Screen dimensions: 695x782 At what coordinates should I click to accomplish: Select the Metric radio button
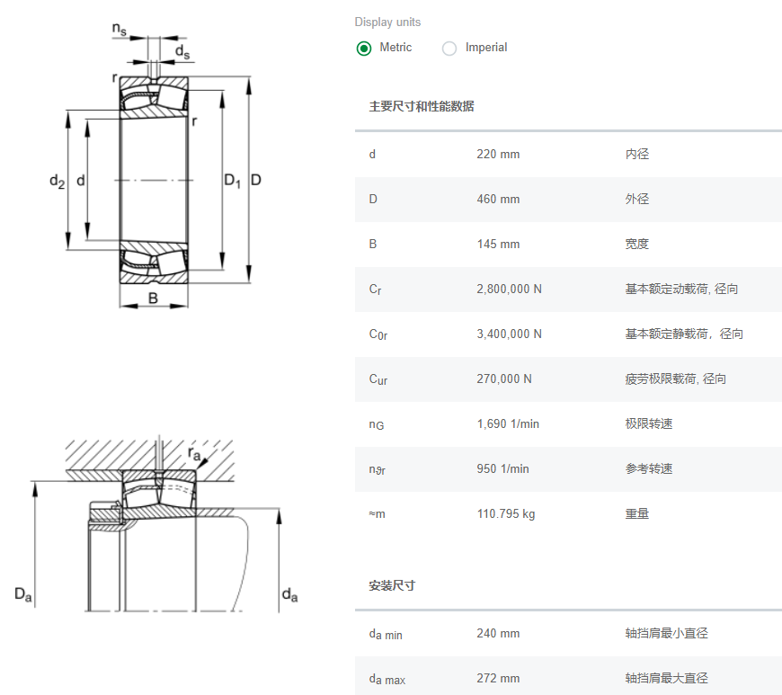(364, 49)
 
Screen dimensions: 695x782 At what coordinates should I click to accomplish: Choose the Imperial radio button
(449, 49)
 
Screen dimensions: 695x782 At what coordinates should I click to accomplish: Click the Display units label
(387, 22)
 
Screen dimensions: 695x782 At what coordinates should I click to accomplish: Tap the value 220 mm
(498, 154)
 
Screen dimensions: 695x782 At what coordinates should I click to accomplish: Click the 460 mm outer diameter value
(498, 199)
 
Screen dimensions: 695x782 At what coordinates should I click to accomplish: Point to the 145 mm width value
(498, 244)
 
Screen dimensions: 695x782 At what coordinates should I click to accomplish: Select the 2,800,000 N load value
(509, 289)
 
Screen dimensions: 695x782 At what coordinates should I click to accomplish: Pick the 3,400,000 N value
(509, 334)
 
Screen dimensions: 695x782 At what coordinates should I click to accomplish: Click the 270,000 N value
(504, 379)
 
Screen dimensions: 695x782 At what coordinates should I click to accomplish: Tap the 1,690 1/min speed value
(508, 423)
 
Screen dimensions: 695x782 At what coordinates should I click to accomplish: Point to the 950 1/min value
(502, 468)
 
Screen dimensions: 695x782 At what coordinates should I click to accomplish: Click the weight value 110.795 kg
(505, 513)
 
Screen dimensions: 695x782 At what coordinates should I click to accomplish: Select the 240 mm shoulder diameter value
(498, 633)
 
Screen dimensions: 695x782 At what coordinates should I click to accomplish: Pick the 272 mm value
(498, 678)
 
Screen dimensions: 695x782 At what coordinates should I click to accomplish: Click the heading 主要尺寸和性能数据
(422, 106)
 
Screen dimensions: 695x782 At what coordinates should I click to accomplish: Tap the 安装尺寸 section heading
(392, 585)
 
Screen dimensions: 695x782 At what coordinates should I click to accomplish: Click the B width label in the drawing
(153, 298)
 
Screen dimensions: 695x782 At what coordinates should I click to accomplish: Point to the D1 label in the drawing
(232, 182)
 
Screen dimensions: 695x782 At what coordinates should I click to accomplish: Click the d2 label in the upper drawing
(57, 183)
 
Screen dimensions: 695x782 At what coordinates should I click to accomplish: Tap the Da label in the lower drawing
(24, 594)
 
